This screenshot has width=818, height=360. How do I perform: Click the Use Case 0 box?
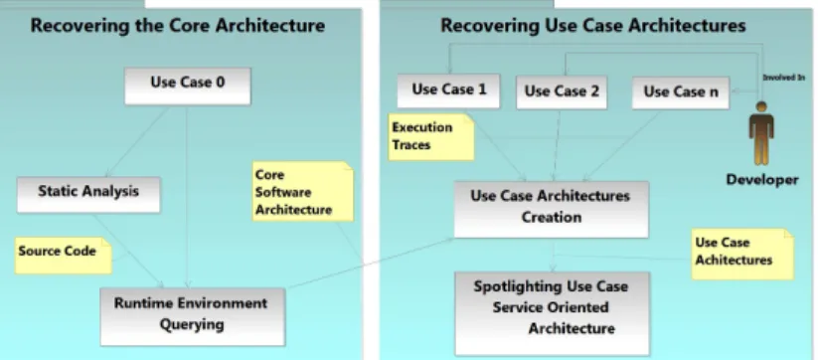(x=187, y=87)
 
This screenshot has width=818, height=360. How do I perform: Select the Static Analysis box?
(x=88, y=195)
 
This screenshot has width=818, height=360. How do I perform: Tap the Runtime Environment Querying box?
(x=193, y=316)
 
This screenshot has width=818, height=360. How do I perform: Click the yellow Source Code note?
(x=64, y=256)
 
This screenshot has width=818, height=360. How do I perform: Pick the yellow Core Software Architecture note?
(x=302, y=192)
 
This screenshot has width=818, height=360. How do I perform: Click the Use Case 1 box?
(x=448, y=90)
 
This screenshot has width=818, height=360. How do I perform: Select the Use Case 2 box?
(x=562, y=92)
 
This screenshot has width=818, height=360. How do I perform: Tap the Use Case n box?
(x=680, y=92)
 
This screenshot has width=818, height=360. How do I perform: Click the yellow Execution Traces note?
(x=431, y=136)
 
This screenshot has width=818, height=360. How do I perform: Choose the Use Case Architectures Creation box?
(x=551, y=209)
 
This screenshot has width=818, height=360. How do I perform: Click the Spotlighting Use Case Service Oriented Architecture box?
(x=552, y=313)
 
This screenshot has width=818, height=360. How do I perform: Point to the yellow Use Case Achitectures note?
(x=742, y=254)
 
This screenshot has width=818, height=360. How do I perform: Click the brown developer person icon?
(x=761, y=132)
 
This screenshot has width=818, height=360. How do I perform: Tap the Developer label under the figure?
(x=762, y=180)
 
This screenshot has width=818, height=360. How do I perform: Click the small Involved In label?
(x=783, y=78)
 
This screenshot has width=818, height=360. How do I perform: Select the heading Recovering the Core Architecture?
(x=177, y=25)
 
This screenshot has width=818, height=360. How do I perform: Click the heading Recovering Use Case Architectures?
(x=593, y=25)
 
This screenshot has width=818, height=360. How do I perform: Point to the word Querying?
(x=192, y=325)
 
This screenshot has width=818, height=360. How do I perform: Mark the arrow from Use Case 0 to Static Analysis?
(x=138, y=141)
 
